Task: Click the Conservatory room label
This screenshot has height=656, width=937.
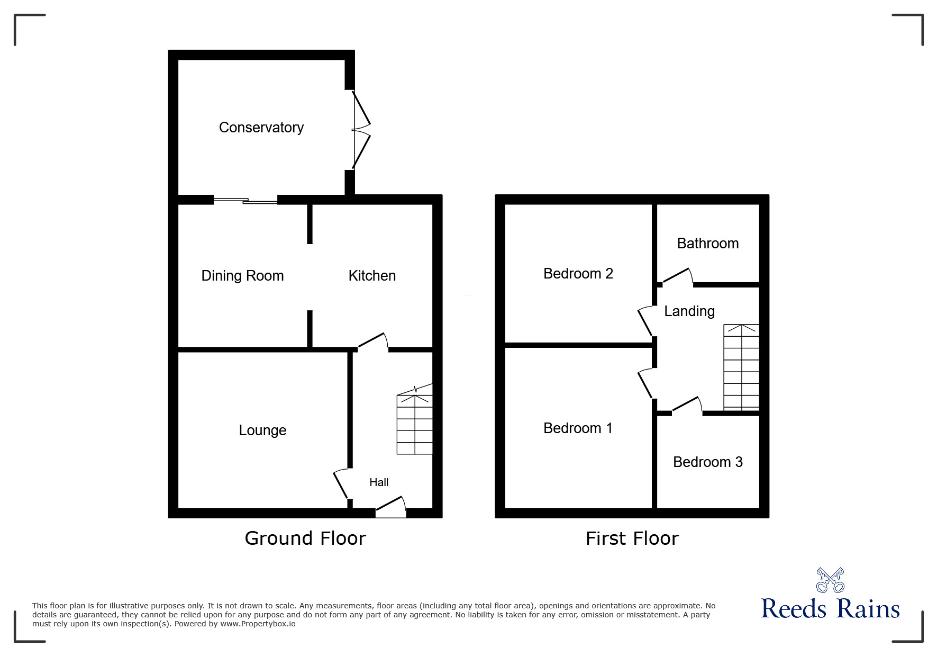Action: point(261,128)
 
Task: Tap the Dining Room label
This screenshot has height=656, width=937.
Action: point(242,276)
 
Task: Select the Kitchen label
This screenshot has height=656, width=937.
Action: point(372,276)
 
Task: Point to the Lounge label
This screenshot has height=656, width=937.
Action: point(262,430)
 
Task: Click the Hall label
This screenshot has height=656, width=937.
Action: point(379,482)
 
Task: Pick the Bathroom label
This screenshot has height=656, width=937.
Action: point(708,244)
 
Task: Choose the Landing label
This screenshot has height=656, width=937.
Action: point(689,311)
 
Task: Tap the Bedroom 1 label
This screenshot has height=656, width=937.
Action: point(578,428)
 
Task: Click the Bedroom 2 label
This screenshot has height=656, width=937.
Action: point(578,274)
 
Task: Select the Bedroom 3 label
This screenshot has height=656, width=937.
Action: point(708,462)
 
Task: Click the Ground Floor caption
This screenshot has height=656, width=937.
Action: point(305,538)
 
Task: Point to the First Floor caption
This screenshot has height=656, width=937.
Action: point(632,538)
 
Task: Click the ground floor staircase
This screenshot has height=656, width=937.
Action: point(415,419)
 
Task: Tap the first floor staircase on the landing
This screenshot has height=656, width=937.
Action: point(741,367)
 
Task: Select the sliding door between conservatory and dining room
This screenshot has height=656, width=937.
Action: point(245,200)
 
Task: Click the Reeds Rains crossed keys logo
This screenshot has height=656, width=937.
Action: point(830,580)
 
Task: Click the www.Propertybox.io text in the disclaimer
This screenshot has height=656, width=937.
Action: point(258,624)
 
